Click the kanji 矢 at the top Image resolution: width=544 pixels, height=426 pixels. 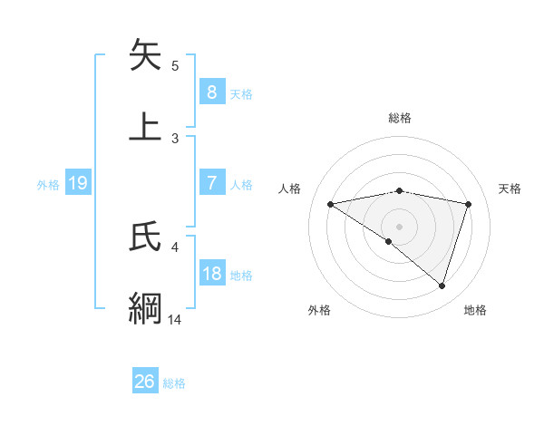(x=146, y=55)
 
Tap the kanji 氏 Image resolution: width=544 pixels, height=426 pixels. (x=146, y=237)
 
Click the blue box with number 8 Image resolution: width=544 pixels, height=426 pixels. (x=211, y=92)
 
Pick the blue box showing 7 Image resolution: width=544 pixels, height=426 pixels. (x=211, y=183)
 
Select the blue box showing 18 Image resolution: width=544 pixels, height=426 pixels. (x=211, y=274)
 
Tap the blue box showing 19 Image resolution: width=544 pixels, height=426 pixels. (x=77, y=183)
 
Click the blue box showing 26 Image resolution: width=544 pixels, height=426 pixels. (x=144, y=382)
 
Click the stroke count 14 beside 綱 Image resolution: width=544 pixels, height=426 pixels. (x=174, y=319)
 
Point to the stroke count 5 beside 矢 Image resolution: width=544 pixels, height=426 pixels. (x=175, y=66)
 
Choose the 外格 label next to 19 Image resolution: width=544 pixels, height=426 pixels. (x=48, y=184)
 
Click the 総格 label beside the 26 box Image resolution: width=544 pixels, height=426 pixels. (x=174, y=383)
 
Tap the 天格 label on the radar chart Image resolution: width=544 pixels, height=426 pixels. (x=510, y=189)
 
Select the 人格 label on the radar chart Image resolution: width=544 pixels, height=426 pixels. (x=289, y=189)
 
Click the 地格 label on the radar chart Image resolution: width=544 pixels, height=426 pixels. (x=475, y=310)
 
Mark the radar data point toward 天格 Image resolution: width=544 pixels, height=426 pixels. (x=469, y=204)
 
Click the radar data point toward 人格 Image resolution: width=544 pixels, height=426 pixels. (x=330, y=204)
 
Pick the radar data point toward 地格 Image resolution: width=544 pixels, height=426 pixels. (x=442, y=286)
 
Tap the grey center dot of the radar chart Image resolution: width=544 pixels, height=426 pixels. (x=399, y=226)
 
